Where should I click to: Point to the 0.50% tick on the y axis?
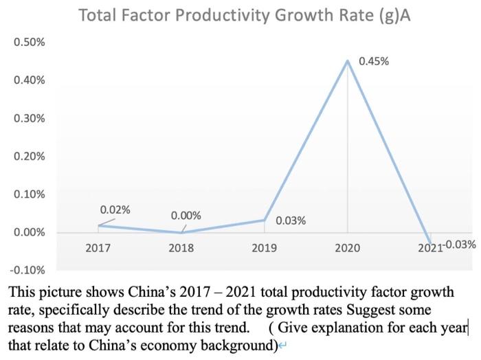pos(30,43)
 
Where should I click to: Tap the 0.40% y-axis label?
pos(30,80)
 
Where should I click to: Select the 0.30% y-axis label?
pos(30,118)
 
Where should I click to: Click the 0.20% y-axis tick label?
pos(30,156)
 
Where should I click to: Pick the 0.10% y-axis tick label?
pos(30,194)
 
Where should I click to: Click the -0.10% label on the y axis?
pos(28,270)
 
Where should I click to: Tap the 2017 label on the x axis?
pos(98,247)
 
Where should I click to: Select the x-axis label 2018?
pos(181,247)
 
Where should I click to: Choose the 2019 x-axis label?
pos(265,247)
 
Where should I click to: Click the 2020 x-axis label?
pos(348,247)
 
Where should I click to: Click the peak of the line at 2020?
pos(348,61)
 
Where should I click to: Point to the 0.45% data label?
pos(374,61)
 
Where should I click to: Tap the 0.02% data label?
pos(115,210)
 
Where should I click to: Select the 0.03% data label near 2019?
pos(291,221)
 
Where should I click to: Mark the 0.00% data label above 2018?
pos(186,216)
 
